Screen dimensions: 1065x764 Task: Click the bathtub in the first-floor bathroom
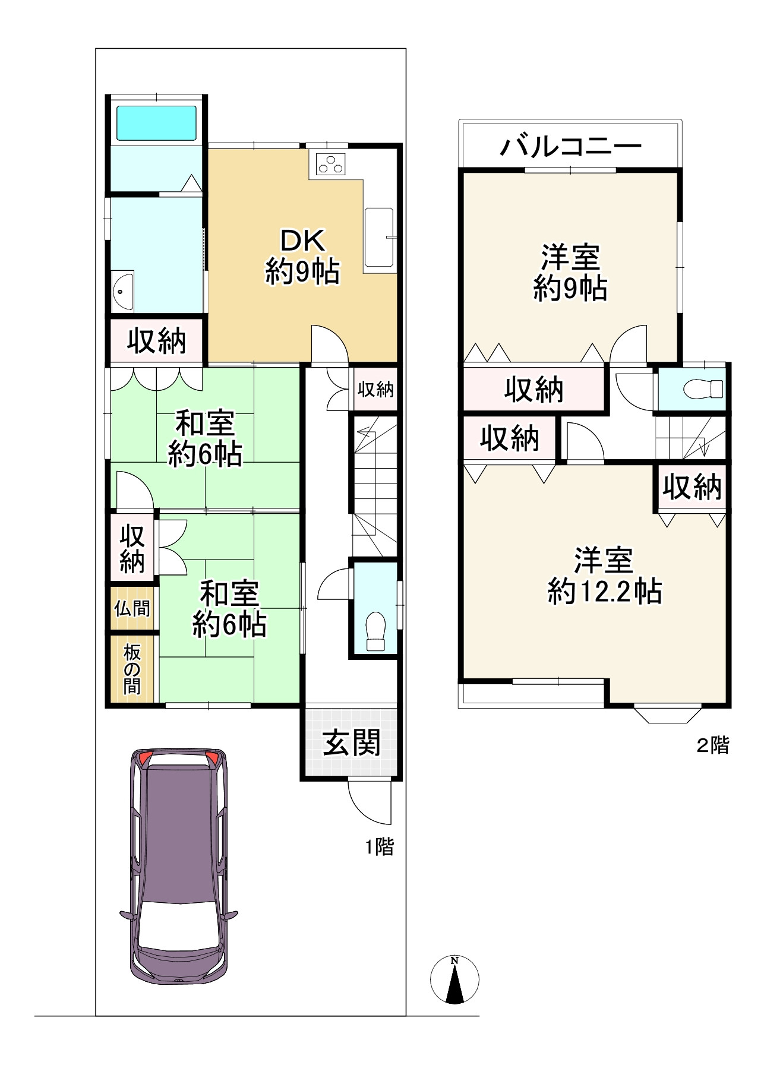tap(156, 123)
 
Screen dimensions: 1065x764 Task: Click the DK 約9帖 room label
tap(302, 257)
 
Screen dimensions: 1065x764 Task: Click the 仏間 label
tap(132, 608)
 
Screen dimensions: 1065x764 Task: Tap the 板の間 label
tap(132, 669)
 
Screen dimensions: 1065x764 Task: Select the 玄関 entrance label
tap(352, 742)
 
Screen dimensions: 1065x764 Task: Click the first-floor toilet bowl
tap(375, 631)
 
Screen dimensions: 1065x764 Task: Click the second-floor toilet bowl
tap(703, 390)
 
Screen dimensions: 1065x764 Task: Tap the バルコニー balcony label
tap(570, 146)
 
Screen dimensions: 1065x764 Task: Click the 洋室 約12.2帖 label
tap(604, 576)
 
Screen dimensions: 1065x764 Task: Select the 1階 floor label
tap(379, 846)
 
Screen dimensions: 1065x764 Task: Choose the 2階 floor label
tap(712, 745)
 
